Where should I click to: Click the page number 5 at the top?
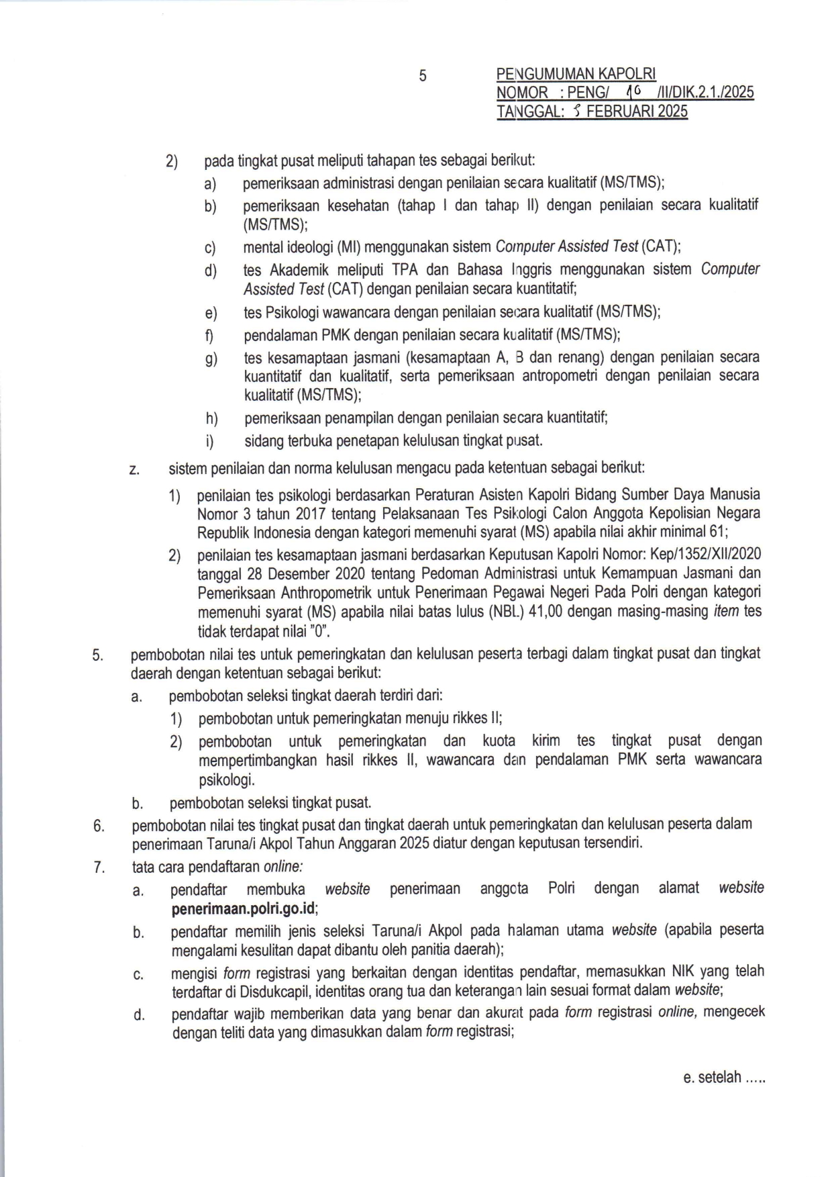click(423, 76)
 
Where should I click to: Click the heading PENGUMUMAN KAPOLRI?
click(576, 74)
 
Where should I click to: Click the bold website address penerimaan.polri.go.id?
click(244, 909)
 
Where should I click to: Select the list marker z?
click(134, 469)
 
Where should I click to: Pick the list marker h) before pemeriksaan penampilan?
click(212, 419)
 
